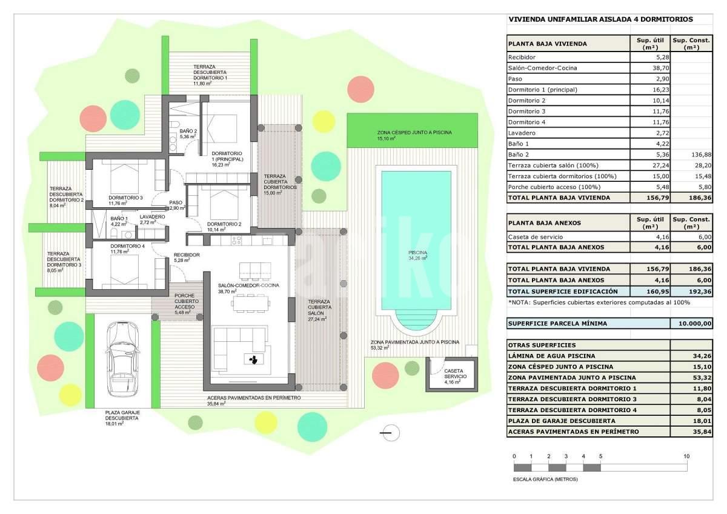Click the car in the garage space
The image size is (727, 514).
coord(124,359)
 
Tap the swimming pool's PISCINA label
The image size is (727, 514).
coord(417,253)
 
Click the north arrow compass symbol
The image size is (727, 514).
coord(390,433)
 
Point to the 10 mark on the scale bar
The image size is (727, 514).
coord(686,456)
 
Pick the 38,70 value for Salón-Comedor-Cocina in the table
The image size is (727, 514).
coord(661,68)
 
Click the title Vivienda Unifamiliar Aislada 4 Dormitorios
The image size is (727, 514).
coord(601,19)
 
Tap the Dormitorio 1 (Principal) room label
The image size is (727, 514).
coord(227,156)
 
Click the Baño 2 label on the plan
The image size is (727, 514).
coord(188,131)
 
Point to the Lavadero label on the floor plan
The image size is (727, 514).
coord(152,216)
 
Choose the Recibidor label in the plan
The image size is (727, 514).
coord(187,255)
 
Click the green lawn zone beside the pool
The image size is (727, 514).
coord(412,130)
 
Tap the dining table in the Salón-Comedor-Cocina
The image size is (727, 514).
coord(250,304)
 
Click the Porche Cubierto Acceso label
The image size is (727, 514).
coord(187,301)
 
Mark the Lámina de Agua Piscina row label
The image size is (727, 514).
coord(552,356)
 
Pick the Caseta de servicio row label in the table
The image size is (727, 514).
coord(536,237)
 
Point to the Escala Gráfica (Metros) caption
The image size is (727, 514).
coord(545,479)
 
